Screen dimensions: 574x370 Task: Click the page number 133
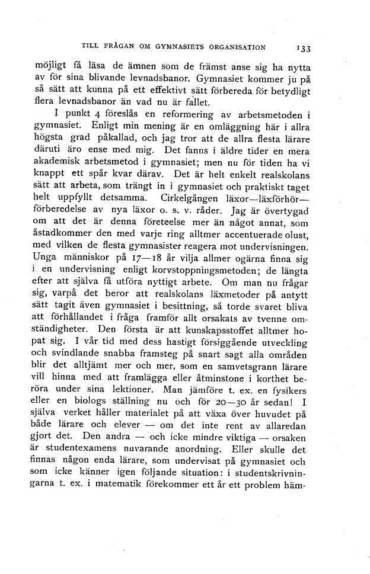point(309,48)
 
